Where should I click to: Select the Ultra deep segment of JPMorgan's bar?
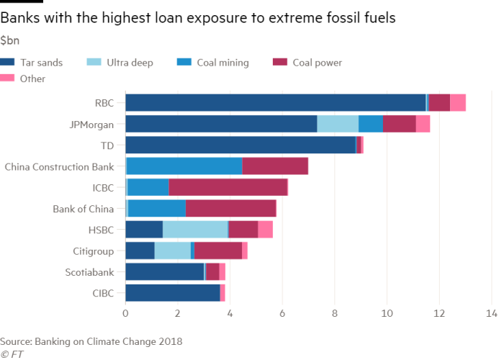(x=338, y=124)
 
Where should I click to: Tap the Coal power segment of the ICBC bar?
(x=228, y=187)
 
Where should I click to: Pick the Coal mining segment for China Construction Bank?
(x=184, y=166)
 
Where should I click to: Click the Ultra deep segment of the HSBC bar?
(x=195, y=230)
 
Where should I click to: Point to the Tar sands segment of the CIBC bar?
(x=173, y=293)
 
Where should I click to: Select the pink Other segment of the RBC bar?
(x=458, y=102)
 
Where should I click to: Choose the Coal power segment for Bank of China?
(x=230, y=208)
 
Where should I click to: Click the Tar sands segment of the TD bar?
(x=240, y=145)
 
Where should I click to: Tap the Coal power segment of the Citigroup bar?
(x=218, y=251)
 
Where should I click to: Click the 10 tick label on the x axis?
(x=387, y=314)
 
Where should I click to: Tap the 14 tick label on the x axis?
(x=492, y=314)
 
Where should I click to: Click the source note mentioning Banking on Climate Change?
(x=91, y=340)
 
